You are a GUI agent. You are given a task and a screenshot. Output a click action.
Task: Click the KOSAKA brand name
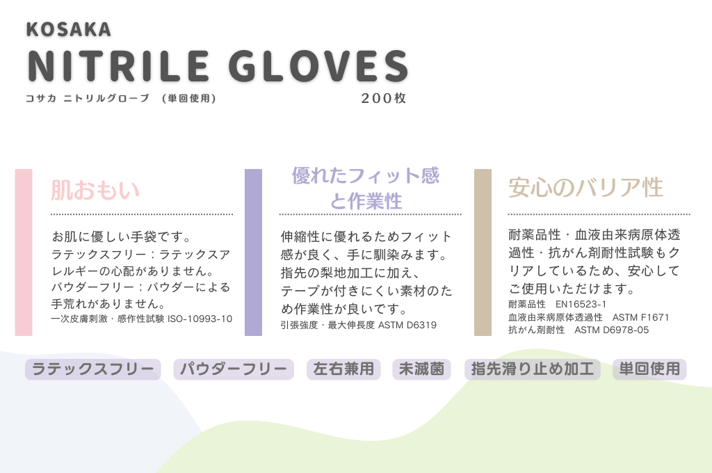[69, 29]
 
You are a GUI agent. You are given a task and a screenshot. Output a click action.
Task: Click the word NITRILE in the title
[118, 66]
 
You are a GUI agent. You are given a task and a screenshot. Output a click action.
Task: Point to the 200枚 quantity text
[384, 98]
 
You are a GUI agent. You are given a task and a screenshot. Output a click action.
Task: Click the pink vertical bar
[24, 252]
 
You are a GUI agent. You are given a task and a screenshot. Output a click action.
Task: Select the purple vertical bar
[253, 252]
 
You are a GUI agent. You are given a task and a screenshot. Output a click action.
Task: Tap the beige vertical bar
[483, 252]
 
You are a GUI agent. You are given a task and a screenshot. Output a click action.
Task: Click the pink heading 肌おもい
[95, 190]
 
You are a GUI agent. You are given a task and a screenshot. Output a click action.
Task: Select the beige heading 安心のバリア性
[585, 188]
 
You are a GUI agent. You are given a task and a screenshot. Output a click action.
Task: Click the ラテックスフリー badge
[93, 369]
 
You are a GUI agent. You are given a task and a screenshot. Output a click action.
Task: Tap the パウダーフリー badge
[234, 369]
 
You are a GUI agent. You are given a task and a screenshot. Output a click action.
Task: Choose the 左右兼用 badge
[343, 369]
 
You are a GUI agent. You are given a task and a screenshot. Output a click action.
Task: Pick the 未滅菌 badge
[421, 369]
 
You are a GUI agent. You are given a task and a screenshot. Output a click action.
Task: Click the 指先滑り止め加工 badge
[532, 369]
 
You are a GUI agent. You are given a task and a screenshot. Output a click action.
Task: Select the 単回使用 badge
[649, 369]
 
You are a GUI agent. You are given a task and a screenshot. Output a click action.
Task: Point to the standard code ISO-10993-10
[200, 319]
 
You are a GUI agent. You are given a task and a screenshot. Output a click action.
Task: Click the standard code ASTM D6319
[407, 325]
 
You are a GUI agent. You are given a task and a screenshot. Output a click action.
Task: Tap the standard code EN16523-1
[581, 304]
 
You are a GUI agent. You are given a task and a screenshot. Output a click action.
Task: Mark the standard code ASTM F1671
[640, 317]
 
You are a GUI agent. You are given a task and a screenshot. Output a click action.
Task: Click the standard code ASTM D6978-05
[612, 330]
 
